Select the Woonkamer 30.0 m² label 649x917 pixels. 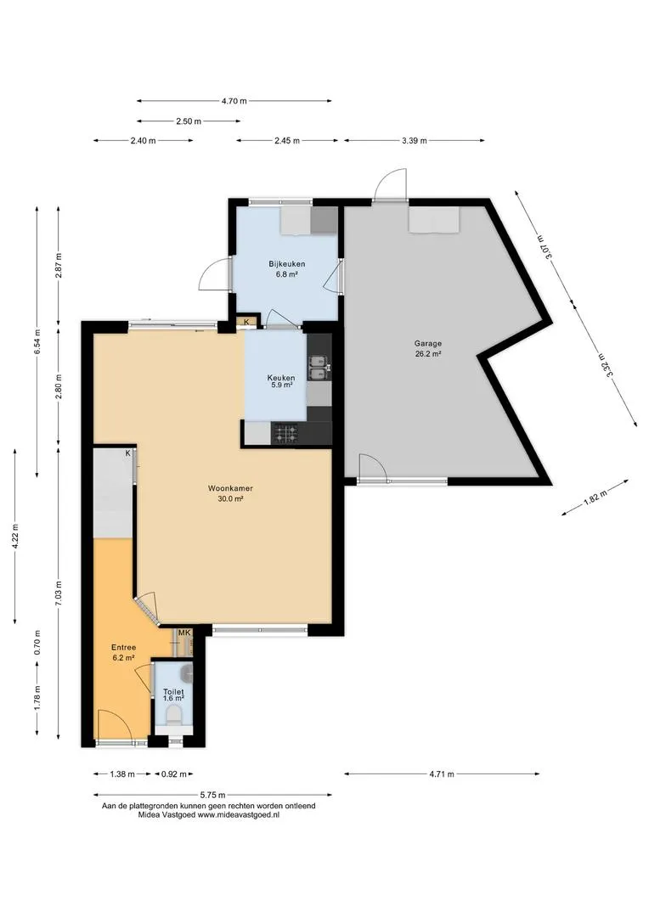[230, 493]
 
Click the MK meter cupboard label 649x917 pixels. [184, 633]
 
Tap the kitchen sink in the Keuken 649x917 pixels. [319, 368]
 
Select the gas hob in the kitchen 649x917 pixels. [286, 433]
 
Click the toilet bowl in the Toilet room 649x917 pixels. [174, 715]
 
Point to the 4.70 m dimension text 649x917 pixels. [234, 100]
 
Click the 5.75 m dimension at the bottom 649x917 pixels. [212, 795]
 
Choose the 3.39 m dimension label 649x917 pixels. [415, 140]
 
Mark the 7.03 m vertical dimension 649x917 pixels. [58, 592]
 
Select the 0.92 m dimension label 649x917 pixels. [174, 774]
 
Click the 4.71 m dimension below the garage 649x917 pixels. [442, 774]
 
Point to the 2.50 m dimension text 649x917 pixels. [189, 121]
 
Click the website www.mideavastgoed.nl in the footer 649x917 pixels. [238, 814]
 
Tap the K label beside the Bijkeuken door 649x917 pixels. [246, 322]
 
